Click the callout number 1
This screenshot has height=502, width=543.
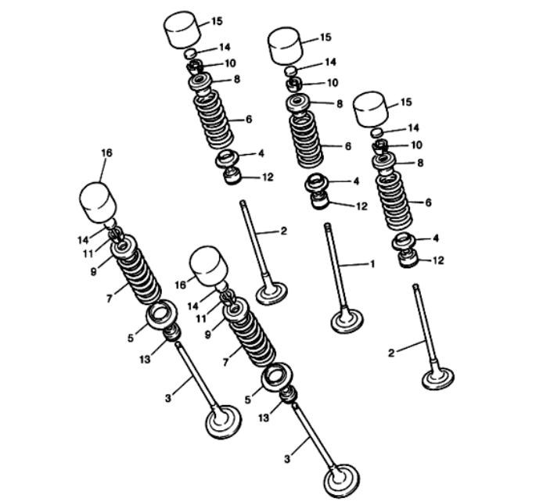(x=372, y=264)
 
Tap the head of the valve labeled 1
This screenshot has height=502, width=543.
(x=347, y=321)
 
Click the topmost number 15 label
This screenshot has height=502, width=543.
(x=217, y=21)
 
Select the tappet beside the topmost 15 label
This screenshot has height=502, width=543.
(x=182, y=30)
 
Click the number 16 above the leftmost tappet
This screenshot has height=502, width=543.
(x=106, y=152)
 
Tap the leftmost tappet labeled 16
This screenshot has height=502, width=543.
(x=98, y=203)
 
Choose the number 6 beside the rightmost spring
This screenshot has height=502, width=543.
(x=428, y=203)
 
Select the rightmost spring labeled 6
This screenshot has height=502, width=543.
(x=394, y=201)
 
